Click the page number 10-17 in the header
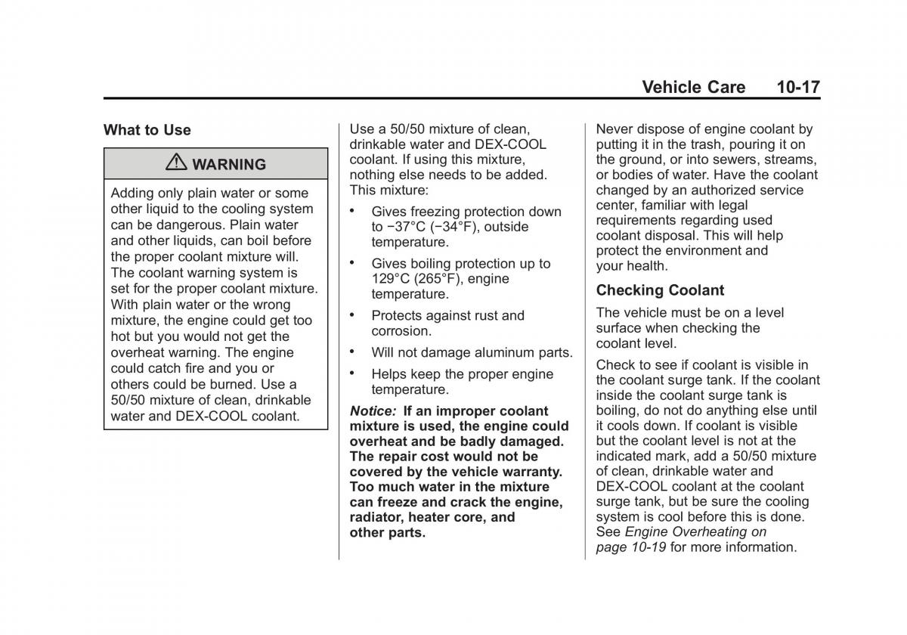coord(797,87)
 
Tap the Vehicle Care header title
coord(693,87)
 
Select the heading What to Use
coord(147,130)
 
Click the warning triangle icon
coord(177,163)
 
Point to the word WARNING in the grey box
coord(228,165)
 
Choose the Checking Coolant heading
coord(660,290)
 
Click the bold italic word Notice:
coord(373,411)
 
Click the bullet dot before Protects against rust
coord(353,314)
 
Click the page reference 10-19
coord(648,547)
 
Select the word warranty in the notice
coord(534,472)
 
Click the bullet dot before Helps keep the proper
coord(353,373)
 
